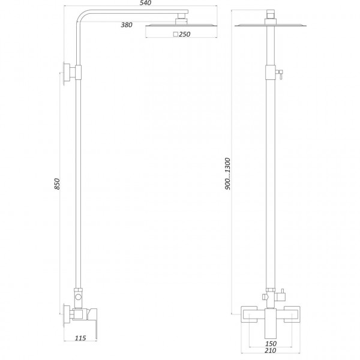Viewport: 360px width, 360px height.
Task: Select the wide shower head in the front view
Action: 269,25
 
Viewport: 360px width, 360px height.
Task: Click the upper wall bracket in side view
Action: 72,73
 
